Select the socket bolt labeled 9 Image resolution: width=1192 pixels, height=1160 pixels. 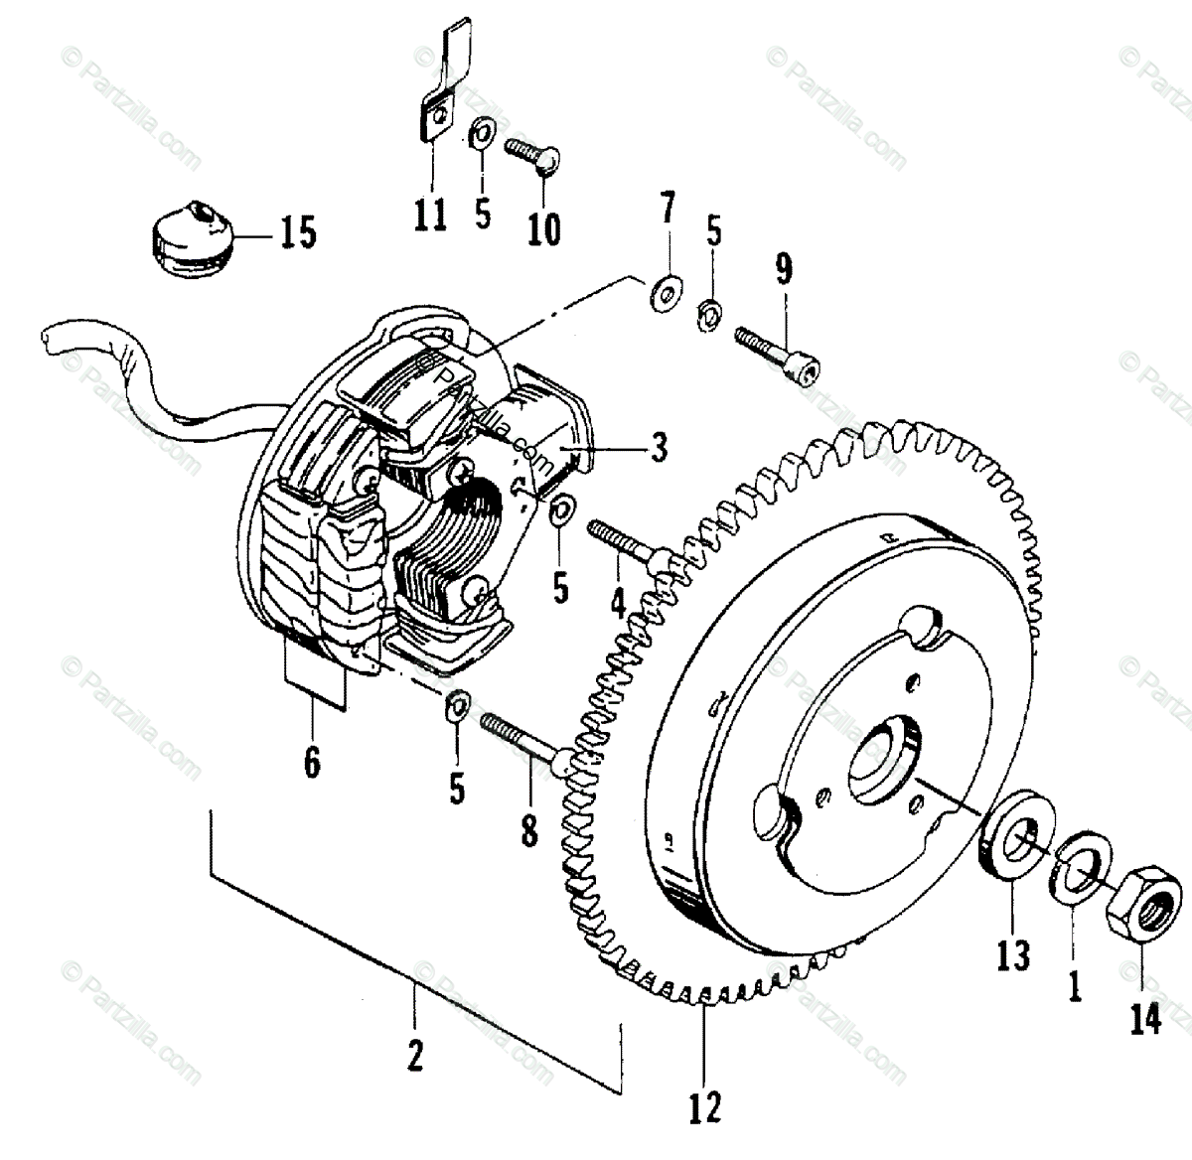point(778,355)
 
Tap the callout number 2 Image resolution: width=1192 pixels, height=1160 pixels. point(415,1054)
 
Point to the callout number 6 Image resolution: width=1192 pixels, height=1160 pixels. point(312,762)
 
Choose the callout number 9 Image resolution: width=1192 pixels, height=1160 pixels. point(785,270)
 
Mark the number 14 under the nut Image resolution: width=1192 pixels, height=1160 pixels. point(1146,1019)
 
